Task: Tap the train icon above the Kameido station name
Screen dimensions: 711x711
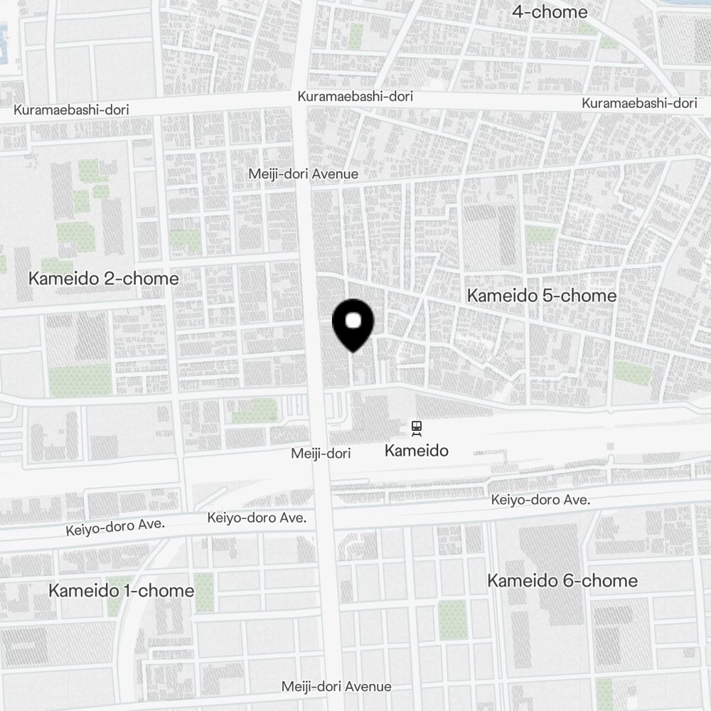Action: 416,428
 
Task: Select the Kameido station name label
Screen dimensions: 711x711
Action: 416,450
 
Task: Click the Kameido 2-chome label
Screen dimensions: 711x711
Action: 104,279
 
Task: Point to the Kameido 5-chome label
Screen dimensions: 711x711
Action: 542,295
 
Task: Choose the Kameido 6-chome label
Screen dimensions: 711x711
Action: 562,581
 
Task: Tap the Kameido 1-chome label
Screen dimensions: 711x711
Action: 122,591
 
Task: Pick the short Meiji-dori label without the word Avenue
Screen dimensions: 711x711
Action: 321,453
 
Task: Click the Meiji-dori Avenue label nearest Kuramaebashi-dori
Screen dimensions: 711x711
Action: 304,174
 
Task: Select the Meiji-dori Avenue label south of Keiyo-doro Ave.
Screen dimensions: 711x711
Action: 336,686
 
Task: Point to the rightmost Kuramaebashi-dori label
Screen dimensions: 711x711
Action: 639,103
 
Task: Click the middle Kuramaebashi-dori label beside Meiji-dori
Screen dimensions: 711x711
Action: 355,96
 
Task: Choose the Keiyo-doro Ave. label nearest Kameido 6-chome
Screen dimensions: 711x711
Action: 541,501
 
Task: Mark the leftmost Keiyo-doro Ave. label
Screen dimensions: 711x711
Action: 115,527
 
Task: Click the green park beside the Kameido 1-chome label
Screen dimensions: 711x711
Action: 204,593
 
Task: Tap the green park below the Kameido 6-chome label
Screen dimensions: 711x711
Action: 452,619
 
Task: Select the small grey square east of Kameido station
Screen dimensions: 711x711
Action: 610,446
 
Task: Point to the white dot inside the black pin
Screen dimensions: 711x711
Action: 353,321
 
